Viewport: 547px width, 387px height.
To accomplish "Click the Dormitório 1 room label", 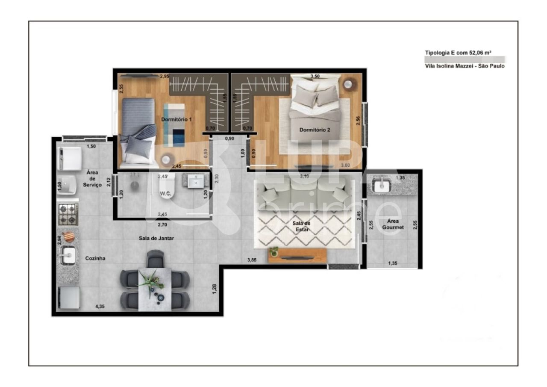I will click(176, 120).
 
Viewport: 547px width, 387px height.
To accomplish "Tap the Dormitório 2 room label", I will click(315, 130).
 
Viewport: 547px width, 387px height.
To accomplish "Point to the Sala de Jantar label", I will click(156, 238).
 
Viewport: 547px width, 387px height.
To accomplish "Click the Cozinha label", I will click(95, 258).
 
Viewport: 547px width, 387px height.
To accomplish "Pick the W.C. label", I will click(166, 194).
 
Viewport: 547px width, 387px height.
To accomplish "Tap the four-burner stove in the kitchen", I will click(68, 214).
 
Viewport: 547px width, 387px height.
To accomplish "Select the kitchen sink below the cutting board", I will click(68, 256).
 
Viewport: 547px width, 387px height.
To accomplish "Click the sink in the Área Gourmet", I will click(380, 186).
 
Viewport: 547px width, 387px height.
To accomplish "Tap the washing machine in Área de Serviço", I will click(69, 159).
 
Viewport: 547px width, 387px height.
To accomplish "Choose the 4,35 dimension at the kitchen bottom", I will click(100, 307).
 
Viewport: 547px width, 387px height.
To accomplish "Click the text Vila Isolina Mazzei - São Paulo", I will click(465, 66).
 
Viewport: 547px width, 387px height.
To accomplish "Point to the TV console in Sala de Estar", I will click(297, 255).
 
